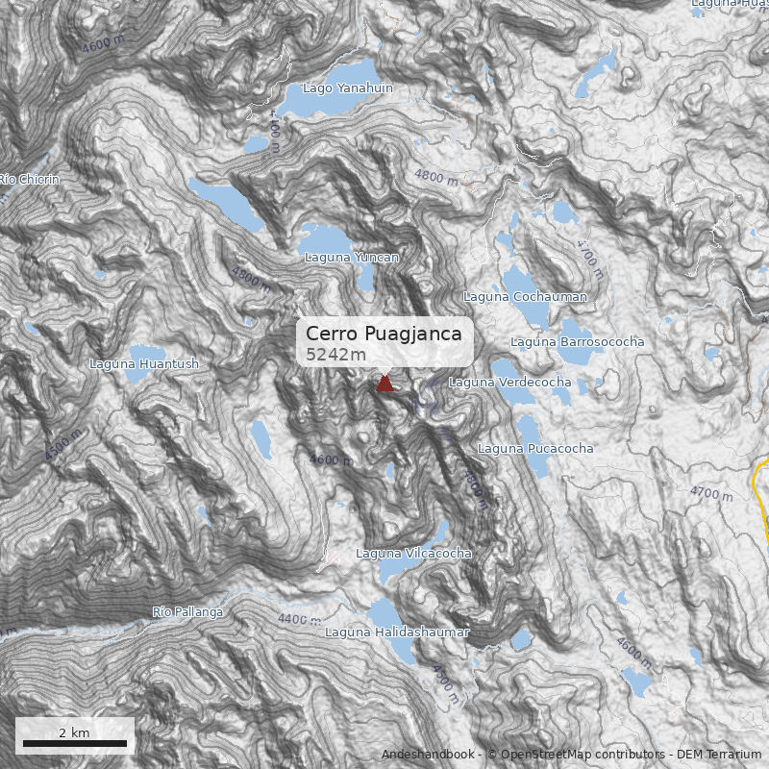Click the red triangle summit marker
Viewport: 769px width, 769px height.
click(x=384, y=384)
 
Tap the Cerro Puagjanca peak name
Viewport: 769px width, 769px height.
click(x=384, y=334)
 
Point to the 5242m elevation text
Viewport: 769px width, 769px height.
click(x=335, y=355)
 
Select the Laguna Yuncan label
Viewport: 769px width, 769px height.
click(x=351, y=258)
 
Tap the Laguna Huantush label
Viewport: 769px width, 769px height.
click(x=144, y=364)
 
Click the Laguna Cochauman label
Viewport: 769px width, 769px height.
click(x=525, y=297)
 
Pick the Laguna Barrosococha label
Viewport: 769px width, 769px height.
click(x=577, y=342)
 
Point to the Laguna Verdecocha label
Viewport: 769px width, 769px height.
click(x=509, y=383)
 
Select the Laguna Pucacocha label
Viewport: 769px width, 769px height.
click(x=535, y=449)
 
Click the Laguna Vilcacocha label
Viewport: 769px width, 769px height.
click(x=413, y=554)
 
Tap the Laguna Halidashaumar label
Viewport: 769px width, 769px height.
click(x=396, y=633)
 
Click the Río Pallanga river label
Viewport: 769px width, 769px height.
click(x=187, y=612)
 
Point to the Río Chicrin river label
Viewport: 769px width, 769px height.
click(x=30, y=180)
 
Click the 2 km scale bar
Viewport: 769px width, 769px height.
click(x=75, y=743)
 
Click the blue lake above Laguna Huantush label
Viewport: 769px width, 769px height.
click(x=144, y=351)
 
